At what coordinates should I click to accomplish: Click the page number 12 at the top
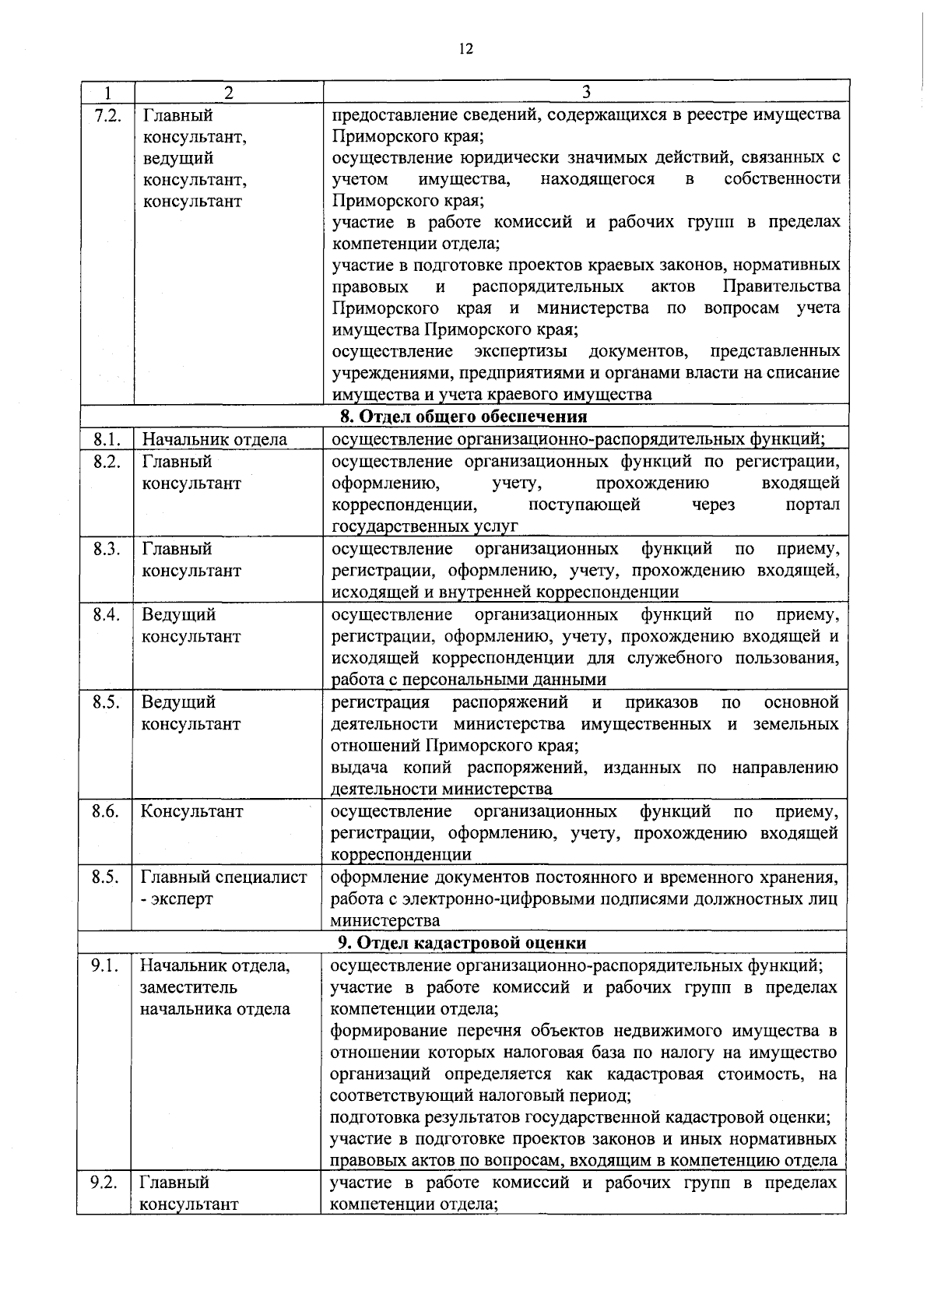pos(465,48)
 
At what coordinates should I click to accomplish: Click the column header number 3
pos(586,92)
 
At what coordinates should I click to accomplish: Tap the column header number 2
pos(228,92)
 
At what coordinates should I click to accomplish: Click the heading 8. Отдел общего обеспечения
pos(465,416)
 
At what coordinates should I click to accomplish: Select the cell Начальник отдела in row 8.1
pos(214,439)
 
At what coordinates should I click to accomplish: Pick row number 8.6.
pos(105,811)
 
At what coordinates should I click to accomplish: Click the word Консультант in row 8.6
pos(191,811)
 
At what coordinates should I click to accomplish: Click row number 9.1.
pos(104,966)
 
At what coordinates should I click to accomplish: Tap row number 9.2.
pos(104,1182)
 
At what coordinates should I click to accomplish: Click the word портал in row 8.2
pos(813,505)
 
